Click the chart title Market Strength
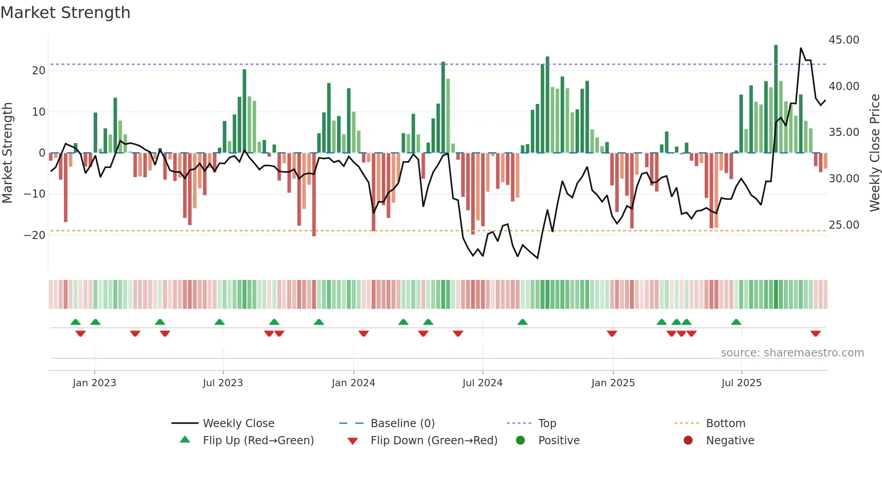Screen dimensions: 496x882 pyautogui.click(x=65, y=13)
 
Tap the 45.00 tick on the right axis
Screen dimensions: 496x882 pyautogui.click(x=844, y=40)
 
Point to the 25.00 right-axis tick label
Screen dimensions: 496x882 pyautogui.click(x=844, y=225)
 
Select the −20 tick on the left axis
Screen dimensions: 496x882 pyautogui.click(x=35, y=235)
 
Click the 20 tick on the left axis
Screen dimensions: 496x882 pyautogui.click(x=39, y=71)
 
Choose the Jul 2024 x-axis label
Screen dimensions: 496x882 pyautogui.click(x=482, y=383)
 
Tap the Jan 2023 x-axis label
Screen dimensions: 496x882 pyautogui.click(x=94, y=383)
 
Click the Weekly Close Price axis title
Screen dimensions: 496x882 pyautogui.click(x=874, y=153)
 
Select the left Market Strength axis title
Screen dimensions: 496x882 pyautogui.click(x=7, y=153)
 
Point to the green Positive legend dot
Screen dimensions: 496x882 pyautogui.click(x=521, y=441)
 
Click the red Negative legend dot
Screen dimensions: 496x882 pyautogui.click(x=688, y=441)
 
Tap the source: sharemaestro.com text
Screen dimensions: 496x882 pyautogui.click(x=792, y=353)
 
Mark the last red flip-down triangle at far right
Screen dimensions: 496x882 pyautogui.click(x=816, y=334)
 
